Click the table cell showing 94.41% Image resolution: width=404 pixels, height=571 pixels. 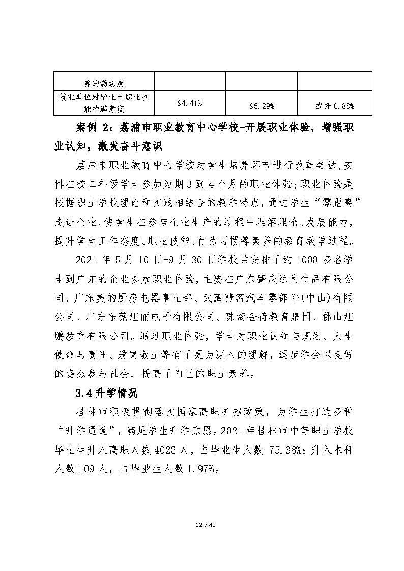tap(190, 103)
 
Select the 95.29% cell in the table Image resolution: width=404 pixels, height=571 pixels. tap(262, 106)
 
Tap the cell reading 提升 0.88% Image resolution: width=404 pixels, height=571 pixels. tap(335, 106)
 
